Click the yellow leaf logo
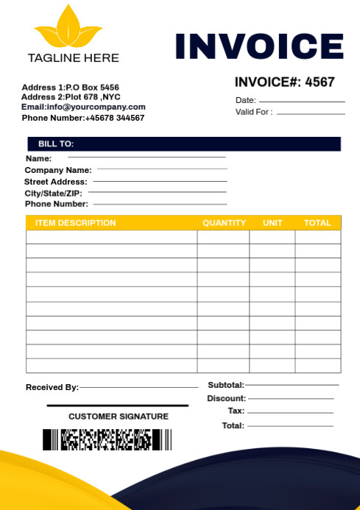(68, 28)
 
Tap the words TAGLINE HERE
(73, 57)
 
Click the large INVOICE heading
(259, 46)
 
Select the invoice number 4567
(320, 82)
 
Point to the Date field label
(246, 100)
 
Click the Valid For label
(254, 112)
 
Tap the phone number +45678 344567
(115, 118)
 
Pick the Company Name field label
(58, 170)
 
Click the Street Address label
(56, 182)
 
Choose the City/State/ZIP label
(54, 193)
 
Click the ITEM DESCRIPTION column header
(76, 223)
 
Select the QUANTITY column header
(224, 223)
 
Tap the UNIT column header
(272, 223)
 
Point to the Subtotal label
(226, 385)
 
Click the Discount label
(226, 398)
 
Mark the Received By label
(52, 387)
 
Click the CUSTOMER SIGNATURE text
(119, 417)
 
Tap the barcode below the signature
(107, 439)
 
